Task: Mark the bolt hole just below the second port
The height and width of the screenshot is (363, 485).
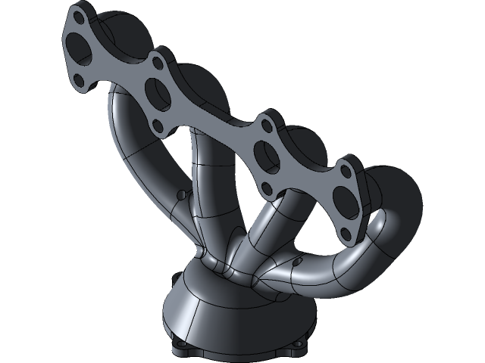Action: [x=157, y=125]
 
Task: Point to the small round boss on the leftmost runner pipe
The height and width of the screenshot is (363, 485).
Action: [x=180, y=194]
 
